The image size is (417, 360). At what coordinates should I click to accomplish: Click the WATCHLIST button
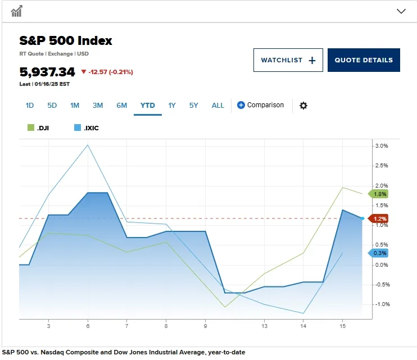pos(288,60)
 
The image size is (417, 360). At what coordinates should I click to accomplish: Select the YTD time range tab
pos(148,105)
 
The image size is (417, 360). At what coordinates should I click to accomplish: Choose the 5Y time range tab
pos(194,105)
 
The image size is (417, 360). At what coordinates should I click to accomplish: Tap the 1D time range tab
pos(30,105)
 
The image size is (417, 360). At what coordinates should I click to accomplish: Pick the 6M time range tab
pos(121,105)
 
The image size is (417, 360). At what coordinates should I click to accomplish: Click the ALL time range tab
pos(218,105)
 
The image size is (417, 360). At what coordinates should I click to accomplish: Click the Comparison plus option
pos(260,105)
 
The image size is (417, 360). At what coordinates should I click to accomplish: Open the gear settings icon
pos(303,106)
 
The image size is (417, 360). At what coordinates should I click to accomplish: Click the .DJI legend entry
pos(39,128)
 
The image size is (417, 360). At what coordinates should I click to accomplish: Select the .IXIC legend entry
pos(87,128)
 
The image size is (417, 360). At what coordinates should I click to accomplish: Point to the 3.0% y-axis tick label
pos(381,146)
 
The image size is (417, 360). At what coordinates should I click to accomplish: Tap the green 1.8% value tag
pos(379,194)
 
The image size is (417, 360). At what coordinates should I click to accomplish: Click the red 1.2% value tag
pos(379,218)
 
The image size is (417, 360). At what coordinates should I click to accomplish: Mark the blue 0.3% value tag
pos(379,253)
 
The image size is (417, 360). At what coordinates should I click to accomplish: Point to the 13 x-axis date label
pos(264,326)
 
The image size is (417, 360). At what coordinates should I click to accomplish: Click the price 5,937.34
pos(47,72)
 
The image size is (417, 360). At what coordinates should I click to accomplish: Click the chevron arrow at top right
pos(401,11)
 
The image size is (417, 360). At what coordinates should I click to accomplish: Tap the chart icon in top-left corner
pos(17,11)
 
